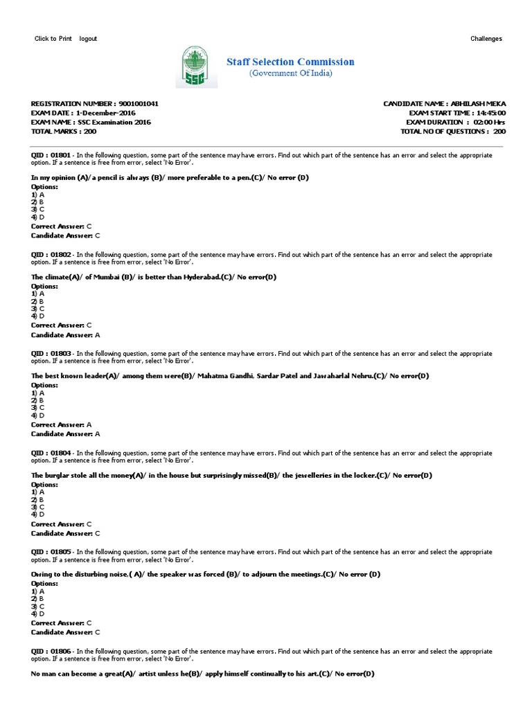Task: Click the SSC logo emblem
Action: pos(199,66)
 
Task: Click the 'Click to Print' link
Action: pos(53,39)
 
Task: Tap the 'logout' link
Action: pos(88,39)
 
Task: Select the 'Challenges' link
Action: pos(486,39)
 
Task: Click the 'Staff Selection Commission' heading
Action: pos(290,62)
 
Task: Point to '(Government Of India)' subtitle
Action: pos(290,73)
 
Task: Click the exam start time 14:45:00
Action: pos(490,113)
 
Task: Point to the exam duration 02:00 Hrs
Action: pos(489,122)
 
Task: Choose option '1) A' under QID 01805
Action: pos(38,591)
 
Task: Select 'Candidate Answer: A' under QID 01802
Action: pos(66,335)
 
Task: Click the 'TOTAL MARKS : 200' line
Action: pos(64,131)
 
